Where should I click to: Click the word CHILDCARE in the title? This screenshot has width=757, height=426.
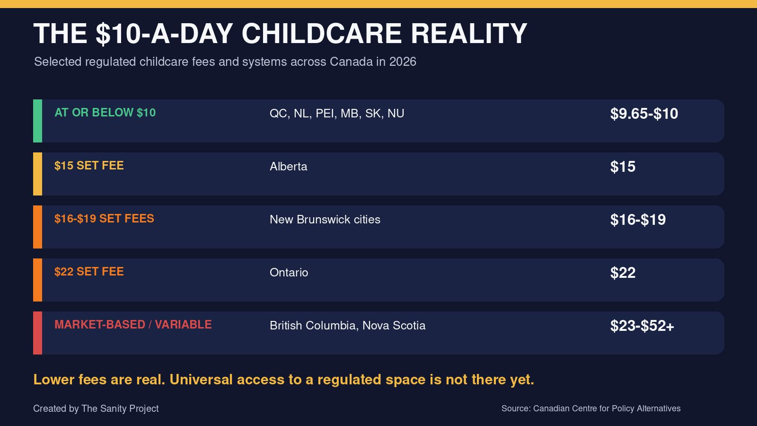(x=321, y=34)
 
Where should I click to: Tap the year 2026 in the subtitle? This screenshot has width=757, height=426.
(x=403, y=62)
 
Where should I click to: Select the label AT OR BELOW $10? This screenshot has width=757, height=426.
(x=105, y=113)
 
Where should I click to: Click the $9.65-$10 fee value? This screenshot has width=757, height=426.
(x=644, y=114)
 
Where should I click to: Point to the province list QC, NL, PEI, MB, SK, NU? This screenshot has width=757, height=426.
(x=336, y=114)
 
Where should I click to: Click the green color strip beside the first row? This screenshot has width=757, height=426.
(x=37, y=121)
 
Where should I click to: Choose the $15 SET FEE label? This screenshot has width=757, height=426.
(x=89, y=166)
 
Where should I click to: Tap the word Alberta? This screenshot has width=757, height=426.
(x=288, y=167)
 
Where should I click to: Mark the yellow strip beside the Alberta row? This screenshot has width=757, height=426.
(x=37, y=174)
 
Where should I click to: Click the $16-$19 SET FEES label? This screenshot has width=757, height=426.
(x=104, y=219)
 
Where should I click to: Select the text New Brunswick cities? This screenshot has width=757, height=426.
(x=325, y=220)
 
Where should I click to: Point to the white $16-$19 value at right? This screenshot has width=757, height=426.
(x=638, y=220)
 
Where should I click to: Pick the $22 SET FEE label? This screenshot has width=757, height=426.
(x=89, y=272)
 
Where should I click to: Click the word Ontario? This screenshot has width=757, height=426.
(x=289, y=273)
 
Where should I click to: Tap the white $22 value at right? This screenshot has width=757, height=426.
(x=623, y=273)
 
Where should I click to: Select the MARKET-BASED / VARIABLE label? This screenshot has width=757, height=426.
(x=133, y=325)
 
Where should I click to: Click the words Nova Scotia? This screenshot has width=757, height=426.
(x=394, y=326)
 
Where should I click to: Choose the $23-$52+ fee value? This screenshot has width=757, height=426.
(x=642, y=326)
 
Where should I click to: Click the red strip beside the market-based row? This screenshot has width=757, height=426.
(x=37, y=333)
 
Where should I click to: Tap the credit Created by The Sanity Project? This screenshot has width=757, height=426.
(x=96, y=409)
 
